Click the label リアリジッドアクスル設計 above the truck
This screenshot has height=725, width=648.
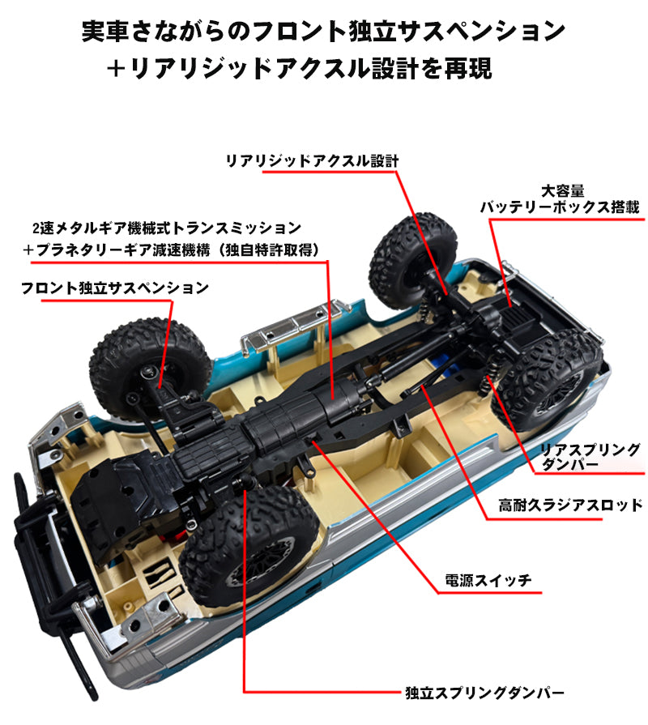coord(312,160)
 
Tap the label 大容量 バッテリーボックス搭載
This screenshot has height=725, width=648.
coord(560,199)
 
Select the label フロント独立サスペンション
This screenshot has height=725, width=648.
coord(115,288)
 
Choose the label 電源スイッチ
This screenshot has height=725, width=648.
coord(488,580)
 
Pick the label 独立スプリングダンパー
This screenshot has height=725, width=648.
coord(484,693)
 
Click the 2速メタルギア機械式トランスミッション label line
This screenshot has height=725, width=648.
coord(166,228)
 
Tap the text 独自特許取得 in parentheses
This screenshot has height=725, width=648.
coord(280,250)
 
